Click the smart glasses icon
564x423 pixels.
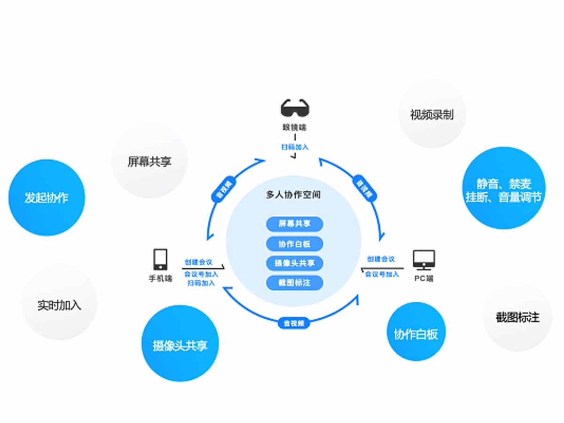295,108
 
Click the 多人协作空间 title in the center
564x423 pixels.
293,195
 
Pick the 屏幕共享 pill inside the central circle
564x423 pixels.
295,224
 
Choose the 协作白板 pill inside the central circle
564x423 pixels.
295,243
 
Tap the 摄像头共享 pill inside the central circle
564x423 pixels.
295,263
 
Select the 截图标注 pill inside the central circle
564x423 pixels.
295,282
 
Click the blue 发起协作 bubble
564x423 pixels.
47,197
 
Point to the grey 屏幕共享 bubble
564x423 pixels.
149,161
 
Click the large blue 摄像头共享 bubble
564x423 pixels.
180,345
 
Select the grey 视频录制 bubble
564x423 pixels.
432,115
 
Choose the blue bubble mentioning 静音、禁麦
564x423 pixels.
504,189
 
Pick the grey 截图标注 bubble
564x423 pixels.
517,317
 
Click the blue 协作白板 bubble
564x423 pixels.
415,333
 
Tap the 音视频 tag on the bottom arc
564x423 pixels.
294,323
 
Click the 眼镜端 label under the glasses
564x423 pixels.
295,127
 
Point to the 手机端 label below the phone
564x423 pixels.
160,278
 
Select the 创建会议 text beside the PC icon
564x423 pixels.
381,259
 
